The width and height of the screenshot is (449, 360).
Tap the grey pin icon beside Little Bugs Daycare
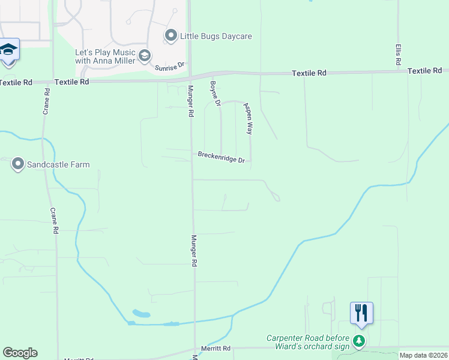pos(171,36)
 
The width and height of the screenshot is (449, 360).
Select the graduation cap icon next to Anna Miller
pos(144,56)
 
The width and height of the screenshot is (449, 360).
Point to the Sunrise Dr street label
pos(168,68)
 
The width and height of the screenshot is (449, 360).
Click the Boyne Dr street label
pos(215,94)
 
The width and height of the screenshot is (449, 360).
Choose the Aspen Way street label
pos(248,118)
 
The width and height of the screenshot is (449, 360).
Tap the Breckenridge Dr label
pos(221,157)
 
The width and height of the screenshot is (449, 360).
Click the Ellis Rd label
pos(398,55)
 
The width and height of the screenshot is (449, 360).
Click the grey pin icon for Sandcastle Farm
pos(17,164)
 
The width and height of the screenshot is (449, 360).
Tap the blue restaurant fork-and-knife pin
pos(361,313)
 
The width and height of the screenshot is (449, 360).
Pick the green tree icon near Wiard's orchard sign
pos(359,341)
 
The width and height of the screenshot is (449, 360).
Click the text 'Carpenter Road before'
pos(310,338)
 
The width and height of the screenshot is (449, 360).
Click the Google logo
pos(20,353)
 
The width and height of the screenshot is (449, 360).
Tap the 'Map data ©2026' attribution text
pos(424,355)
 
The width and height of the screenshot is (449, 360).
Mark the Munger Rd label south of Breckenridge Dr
pos(194,251)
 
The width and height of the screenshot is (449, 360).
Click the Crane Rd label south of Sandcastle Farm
pos(55,221)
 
